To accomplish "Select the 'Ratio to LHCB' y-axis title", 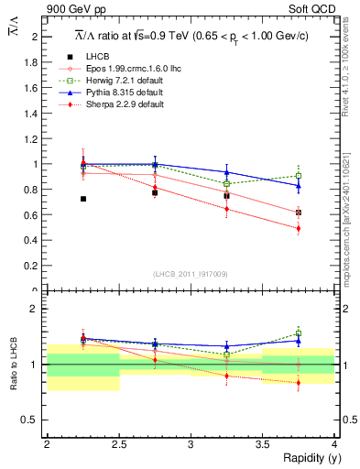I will tap(14, 365).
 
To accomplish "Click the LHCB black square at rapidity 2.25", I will tap(82, 199).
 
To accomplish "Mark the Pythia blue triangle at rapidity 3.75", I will tap(298, 186).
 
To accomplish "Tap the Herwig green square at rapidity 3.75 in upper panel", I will tap(298, 176).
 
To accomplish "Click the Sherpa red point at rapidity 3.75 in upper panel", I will tap(298, 229).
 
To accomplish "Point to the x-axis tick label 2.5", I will tap(118, 443).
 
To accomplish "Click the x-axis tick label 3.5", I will tap(262, 443).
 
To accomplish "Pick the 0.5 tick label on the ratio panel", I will tap(31, 420).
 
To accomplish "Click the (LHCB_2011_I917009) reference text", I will tap(190, 274).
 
